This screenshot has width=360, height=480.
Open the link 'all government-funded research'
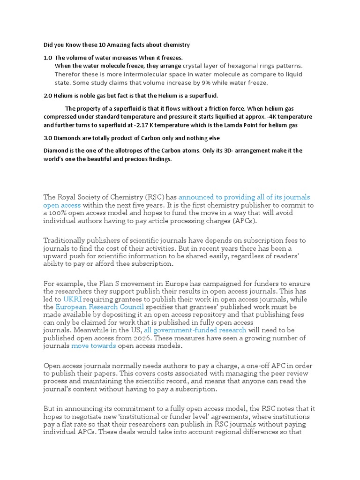pyautogui.click(x=195, y=330)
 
